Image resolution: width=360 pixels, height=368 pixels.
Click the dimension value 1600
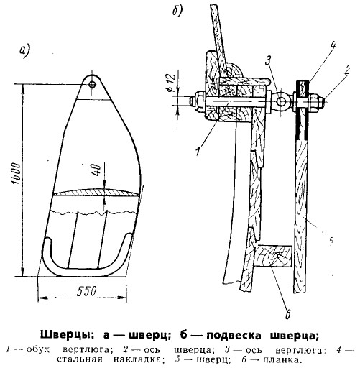coord(17,174)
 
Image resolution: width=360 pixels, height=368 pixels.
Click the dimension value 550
coord(86,291)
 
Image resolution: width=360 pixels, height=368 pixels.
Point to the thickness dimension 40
coord(98,170)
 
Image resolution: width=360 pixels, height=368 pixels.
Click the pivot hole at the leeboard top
coord(92,84)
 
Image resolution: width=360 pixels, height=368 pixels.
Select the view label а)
coord(24,51)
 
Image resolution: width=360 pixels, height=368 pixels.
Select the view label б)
coord(177,10)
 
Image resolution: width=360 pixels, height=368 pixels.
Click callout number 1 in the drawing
coord(198,152)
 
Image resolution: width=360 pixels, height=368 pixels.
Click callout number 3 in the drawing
coord(268,60)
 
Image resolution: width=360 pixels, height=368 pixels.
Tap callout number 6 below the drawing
coord(287,314)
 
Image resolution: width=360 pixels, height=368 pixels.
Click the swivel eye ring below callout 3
coord(282,101)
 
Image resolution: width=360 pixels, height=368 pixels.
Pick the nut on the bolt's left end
coord(198,102)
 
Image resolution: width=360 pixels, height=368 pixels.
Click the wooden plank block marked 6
coord(273,256)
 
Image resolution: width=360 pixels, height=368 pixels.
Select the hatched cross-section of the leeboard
coord(96,193)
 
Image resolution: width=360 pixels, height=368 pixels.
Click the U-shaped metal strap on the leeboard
coord(87,269)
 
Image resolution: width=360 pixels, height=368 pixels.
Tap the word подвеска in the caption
coord(234,336)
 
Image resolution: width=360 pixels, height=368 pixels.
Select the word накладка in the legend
coord(141,359)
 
